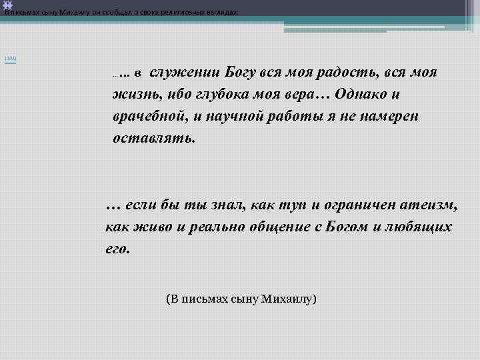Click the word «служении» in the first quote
pyautogui.click(x=184, y=72)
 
